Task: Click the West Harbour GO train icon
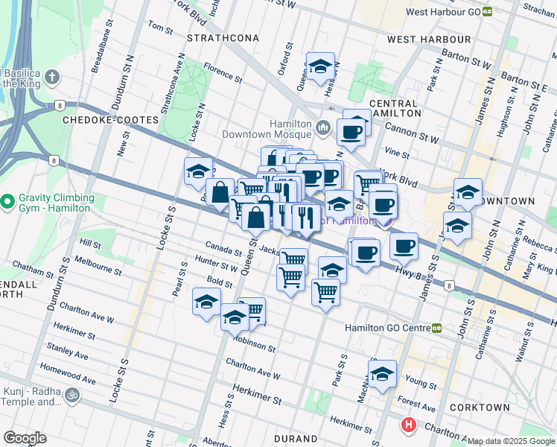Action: pyautogui.click(x=488, y=12)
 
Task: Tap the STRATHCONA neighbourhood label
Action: pyautogui.click(x=223, y=37)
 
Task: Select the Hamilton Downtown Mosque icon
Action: pyautogui.click(x=322, y=129)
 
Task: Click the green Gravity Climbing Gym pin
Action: pyautogui.click(x=7, y=201)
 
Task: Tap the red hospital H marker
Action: pyautogui.click(x=408, y=425)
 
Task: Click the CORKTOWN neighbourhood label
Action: pyautogui.click(x=480, y=408)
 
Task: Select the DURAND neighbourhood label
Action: pyautogui.click(x=296, y=439)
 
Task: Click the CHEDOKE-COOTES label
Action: pyautogui.click(x=101, y=119)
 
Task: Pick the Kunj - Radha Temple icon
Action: pyautogui.click(x=72, y=395)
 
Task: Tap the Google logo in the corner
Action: pyautogui.click(x=25, y=437)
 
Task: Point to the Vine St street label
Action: pyautogui.click(x=398, y=153)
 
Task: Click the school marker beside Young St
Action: pyautogui.click(x=383, y=374)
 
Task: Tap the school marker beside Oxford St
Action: pyautogui.click(x=320, y=66)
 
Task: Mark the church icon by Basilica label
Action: pyautogui.click(x=51, y=77)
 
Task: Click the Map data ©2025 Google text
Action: pyautogui.click(x=511, y=441)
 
